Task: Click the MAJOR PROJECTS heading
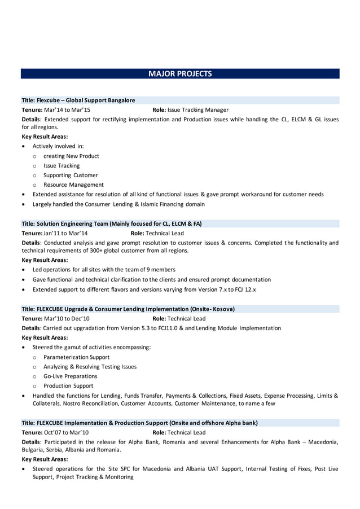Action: pos(180,74)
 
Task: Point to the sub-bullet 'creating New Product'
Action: pos(71,156)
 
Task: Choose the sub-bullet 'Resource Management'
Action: pos(73,185)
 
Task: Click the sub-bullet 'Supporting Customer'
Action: pos(71,175)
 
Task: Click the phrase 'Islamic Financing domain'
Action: pos(172,204)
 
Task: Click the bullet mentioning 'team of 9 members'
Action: pos(104,270)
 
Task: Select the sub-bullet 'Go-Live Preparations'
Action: pos(70,376)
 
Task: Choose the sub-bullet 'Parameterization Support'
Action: pos(76,357)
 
